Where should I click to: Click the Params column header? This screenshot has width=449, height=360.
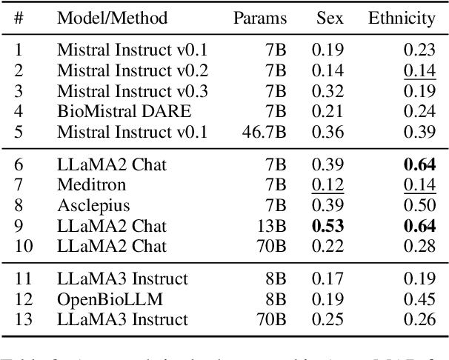[x=260, y=18]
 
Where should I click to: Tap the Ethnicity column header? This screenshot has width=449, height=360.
[x=402, y=18]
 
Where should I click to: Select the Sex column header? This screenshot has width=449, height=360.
[x=330, y=18]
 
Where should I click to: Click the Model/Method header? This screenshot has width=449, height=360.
[x=112, y=18]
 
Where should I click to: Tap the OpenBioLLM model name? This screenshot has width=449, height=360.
[x=102, y=299]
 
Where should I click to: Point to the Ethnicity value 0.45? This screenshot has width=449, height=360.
[x=421, y=299]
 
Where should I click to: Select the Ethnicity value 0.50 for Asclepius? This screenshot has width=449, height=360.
[x=421, y=204]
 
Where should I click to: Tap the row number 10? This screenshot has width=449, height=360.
[x=23, y=245]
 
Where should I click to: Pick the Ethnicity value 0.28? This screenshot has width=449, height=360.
[x=421, y=245]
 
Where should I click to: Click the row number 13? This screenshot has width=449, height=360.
[x=23, y=319]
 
